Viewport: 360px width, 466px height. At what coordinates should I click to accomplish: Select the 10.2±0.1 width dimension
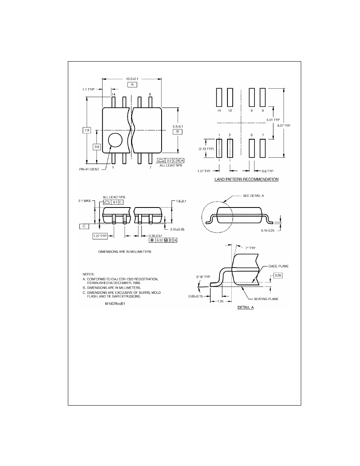(132, 79)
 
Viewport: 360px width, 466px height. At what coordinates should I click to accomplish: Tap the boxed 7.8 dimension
(87, 130)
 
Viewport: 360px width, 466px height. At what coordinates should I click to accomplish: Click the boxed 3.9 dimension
(97, 147)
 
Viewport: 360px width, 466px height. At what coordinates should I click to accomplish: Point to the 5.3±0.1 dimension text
(178, 126)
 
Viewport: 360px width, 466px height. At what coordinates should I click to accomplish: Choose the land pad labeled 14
(219, 97)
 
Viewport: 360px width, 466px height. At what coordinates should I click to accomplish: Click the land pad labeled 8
(263, 97)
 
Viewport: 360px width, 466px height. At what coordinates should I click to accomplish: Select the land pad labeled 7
(263, 148)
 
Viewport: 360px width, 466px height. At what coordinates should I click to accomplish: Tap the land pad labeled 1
(219, 148)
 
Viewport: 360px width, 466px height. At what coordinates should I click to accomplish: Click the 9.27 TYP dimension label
(284, 126)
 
